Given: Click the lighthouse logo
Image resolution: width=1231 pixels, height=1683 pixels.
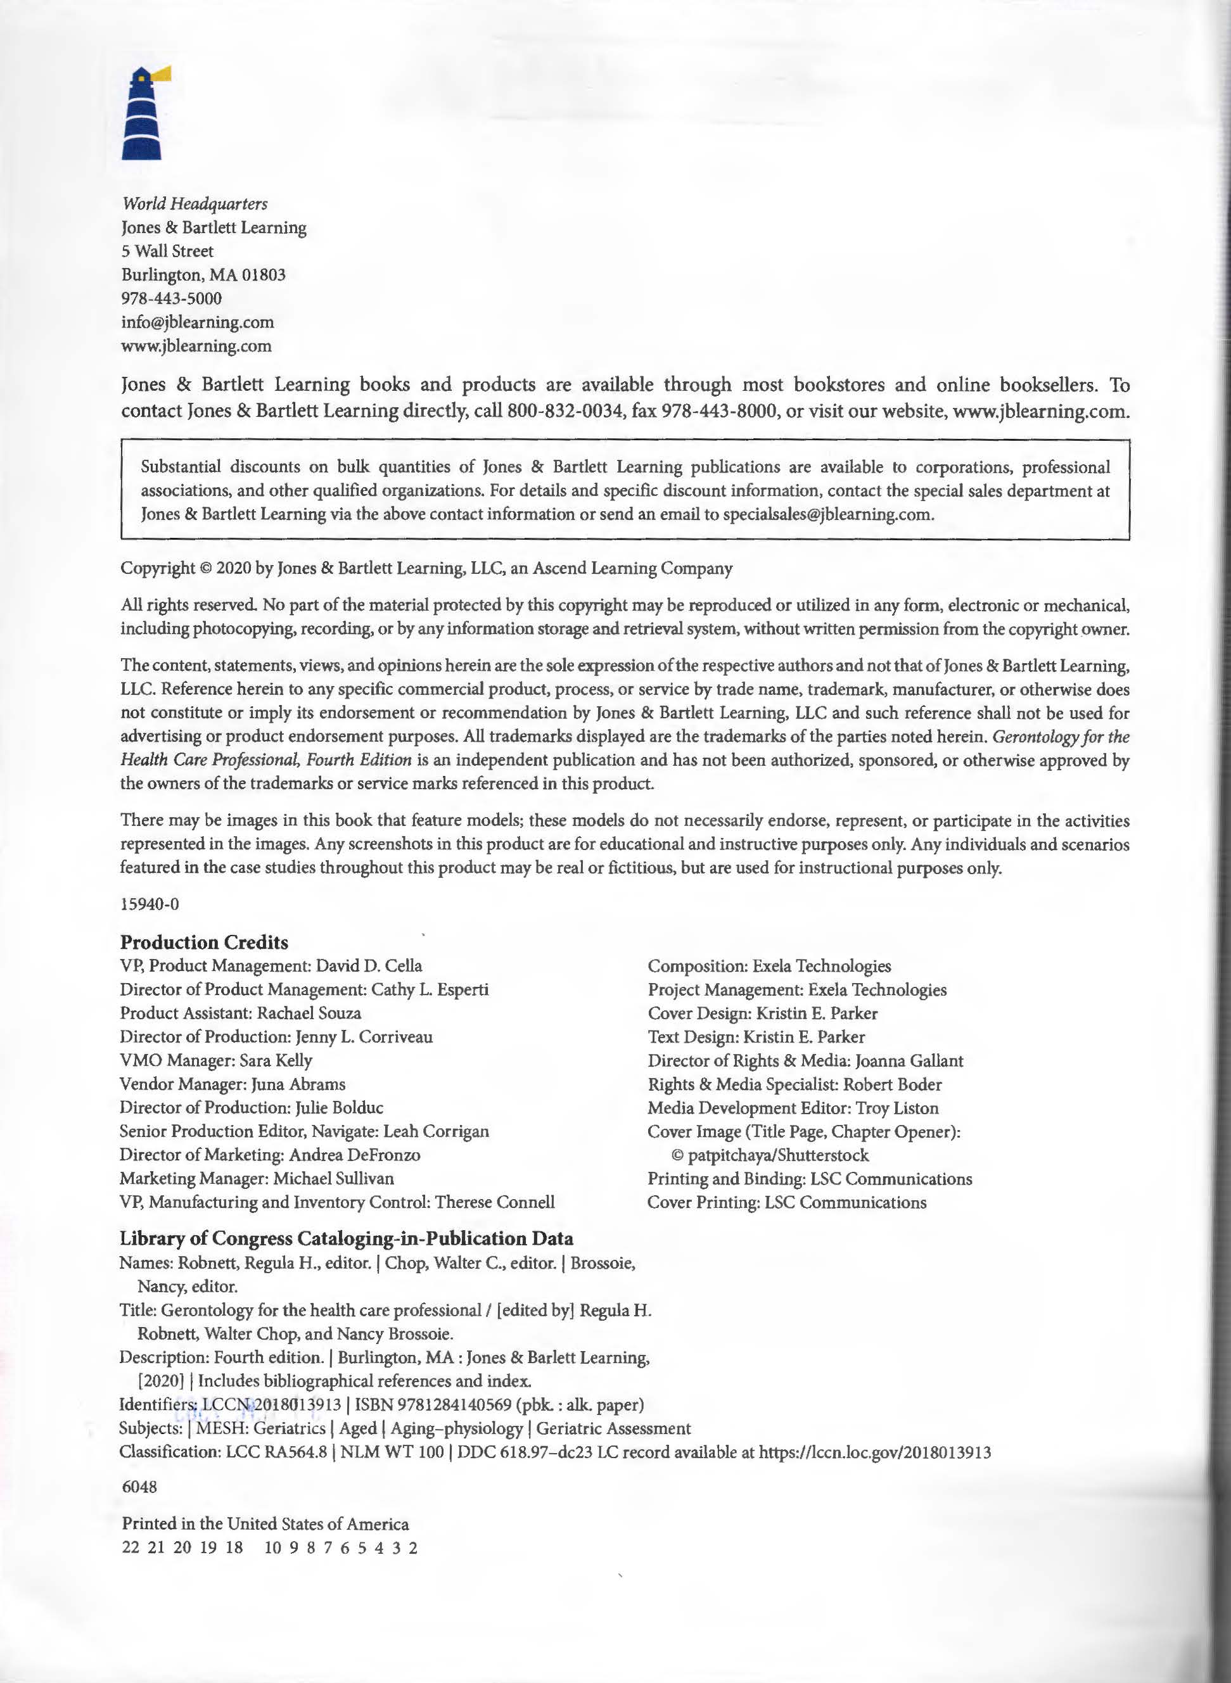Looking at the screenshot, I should click(x=141, y=115).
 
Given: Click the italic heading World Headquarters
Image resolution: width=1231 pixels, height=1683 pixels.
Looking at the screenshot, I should click(x=195, y=203).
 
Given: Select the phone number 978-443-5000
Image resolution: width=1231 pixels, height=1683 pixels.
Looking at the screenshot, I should click(x=172, y=299).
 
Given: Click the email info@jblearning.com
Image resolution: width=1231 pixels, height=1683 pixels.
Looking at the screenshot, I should click(x=198, y=322).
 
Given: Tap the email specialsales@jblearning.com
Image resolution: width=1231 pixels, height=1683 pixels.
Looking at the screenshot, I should click(x=827, y=514).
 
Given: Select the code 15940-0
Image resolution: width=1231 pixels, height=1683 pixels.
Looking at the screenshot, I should click(x=150, y=904).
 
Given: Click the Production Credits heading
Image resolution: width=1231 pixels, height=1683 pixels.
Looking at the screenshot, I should click(x=204, y=943).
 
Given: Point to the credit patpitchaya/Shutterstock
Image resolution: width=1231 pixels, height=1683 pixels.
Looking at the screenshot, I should click(x=778, y=1155).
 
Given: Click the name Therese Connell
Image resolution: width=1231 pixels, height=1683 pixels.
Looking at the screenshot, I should click(x=495, y=1202).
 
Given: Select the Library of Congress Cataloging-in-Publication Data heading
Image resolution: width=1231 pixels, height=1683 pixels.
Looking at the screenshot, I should click(x=347, y=1239).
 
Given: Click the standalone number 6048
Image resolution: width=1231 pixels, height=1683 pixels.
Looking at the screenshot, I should click(x=139, y=1487).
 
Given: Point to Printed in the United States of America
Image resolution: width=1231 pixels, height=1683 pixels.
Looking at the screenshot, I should click(x=265, y=1523).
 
